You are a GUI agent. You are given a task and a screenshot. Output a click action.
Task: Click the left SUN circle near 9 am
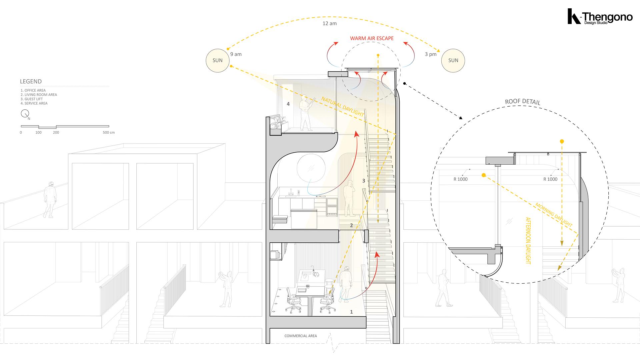[218, 60]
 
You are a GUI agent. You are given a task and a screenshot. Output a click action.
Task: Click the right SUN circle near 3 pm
[453, 60]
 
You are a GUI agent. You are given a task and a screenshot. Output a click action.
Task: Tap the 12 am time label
[329, 23]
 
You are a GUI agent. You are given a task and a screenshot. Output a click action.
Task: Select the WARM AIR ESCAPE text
[372, 38]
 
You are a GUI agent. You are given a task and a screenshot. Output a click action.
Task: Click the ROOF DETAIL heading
[522, 102]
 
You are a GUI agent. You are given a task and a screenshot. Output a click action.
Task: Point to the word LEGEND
[31, 81]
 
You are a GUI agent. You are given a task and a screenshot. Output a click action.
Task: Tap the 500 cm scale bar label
[109, 132]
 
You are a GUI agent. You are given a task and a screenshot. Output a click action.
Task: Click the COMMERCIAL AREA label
[300, 336]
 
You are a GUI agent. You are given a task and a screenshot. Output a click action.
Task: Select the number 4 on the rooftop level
[288, 104]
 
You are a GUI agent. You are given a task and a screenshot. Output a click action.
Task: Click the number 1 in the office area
[351, 312]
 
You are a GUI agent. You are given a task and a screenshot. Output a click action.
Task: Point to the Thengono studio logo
[600, 17]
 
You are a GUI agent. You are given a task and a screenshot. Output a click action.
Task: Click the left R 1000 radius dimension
[460, 179]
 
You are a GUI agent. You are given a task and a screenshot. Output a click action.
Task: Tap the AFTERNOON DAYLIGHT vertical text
[528, 241]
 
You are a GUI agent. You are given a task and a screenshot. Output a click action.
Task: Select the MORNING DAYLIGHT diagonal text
[554, 215]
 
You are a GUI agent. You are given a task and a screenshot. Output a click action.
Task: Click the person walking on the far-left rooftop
[49, 199]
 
